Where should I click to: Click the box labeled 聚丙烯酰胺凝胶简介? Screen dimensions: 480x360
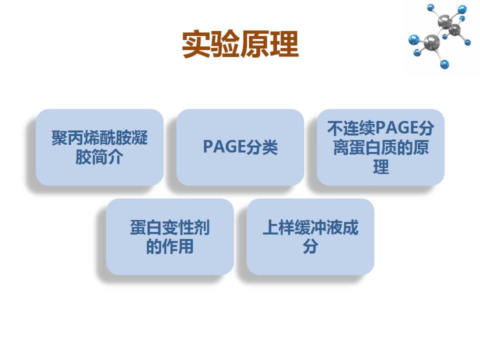99,147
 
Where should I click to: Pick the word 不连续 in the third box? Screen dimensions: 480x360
351,128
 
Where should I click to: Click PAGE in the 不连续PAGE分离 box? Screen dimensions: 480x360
396,127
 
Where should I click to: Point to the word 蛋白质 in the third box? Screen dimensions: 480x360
373,147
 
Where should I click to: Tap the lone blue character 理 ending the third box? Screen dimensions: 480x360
381,167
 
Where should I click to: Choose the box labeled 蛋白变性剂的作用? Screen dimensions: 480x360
170,236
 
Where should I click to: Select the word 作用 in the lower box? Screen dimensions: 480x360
178,246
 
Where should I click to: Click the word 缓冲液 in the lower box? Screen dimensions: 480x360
318,227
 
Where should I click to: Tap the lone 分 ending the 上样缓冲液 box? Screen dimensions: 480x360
310,246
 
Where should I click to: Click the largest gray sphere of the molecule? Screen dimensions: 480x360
431,42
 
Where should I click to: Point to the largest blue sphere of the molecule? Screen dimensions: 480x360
414,40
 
